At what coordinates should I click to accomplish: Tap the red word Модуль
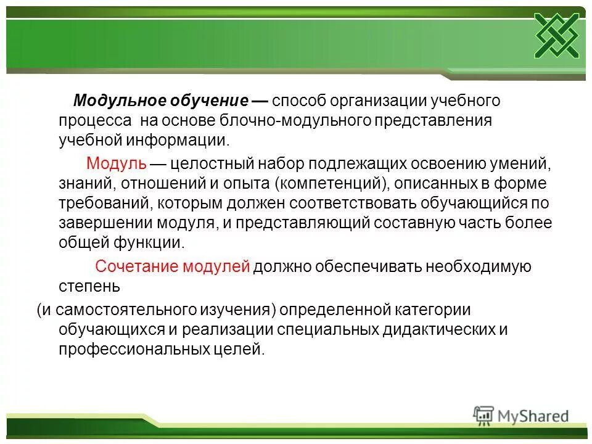click(x=116, y=163)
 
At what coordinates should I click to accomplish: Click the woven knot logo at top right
click(x=556, y=35)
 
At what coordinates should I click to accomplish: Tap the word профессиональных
click(x=131, y=349)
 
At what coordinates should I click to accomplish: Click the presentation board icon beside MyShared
click(x=483, y=416)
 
